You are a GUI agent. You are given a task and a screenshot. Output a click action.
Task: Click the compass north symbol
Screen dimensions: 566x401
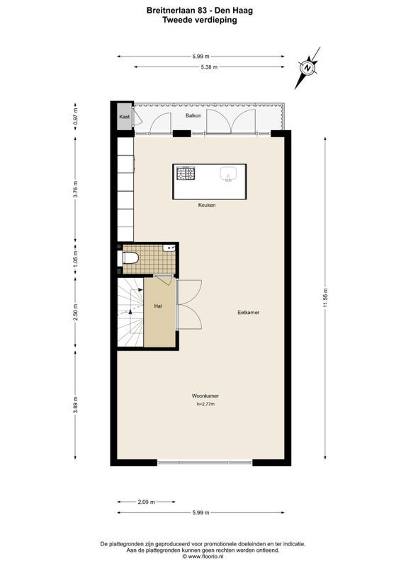309,68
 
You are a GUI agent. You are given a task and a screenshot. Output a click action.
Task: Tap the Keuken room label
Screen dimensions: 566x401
207,205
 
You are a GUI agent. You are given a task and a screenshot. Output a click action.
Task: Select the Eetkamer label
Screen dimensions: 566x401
248,312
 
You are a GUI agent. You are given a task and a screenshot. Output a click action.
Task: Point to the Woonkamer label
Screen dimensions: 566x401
204,395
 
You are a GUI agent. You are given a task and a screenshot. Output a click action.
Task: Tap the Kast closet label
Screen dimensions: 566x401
124,117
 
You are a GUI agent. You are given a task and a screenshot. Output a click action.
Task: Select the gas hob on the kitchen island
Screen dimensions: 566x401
186,173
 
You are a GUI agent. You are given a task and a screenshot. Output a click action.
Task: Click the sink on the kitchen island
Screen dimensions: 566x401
228,173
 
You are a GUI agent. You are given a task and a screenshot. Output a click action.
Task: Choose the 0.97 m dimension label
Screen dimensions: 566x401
76,115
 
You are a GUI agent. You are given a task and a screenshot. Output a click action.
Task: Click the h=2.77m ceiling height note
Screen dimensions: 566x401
205,405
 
